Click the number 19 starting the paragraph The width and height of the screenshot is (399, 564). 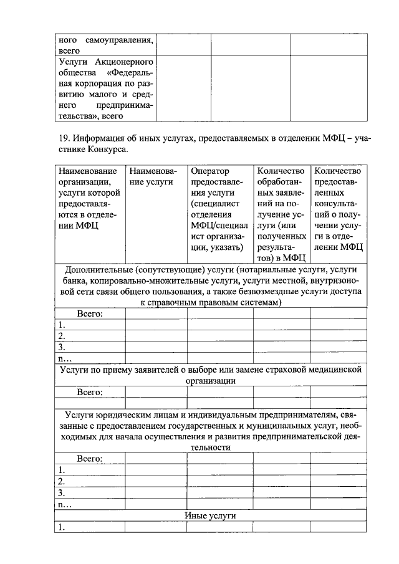click(x=61, y=138)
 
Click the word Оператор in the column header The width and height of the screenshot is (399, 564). click(x=210, y=171)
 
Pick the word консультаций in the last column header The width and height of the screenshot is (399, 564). click(x=337, y=204)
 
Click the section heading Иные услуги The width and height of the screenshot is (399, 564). click(x=210, y=516)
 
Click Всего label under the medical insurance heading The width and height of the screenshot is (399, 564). click(x=90, y=392)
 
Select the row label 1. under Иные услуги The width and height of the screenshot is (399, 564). click(x=62, y=527)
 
